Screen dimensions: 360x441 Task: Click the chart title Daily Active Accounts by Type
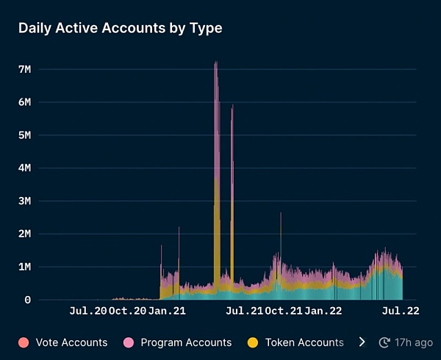point(120,29)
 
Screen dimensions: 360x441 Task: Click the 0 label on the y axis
point(26,300)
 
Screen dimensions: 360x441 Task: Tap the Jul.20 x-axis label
point(87,312)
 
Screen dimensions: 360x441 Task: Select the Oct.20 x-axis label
point(127,312)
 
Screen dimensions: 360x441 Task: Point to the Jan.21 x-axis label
point(167,312)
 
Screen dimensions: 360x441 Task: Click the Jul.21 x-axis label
point(244,312)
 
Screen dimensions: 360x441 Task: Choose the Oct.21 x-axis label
point(284,312)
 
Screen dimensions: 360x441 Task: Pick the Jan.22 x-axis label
point(323,312)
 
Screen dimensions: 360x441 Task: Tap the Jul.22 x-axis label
point(401,312)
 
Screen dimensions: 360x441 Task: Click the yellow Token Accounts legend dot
point(254,342)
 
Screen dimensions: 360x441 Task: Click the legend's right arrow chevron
point(362,342)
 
